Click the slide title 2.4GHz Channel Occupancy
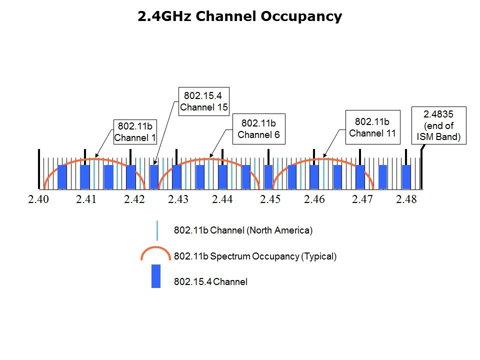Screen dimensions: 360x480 [x=240, y=16]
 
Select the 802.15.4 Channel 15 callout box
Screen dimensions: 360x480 [x=203, y=101]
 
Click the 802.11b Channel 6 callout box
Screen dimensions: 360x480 [x=259, y=129]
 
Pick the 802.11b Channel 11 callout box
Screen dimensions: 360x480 [x=372, y=127]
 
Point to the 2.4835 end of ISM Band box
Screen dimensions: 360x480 [x=438, y=125]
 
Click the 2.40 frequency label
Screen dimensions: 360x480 [x=38, y=200]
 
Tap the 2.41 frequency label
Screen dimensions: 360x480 [x=86, y=200]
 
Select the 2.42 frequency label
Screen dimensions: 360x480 [x=134, y=200]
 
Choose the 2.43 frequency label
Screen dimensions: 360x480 [x=178, y=200]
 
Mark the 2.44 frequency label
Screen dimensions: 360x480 [x=222, y=200]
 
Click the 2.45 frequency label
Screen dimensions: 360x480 [x=270, y=200]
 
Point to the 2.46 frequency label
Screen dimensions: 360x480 [x=314, y=200]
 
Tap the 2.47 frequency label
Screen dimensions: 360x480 [x=362, y=200]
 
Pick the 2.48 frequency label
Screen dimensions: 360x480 [x=406, y=200]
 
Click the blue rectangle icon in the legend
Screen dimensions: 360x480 [x=156, y=276]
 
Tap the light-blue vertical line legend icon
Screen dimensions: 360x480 [x=157, y=230]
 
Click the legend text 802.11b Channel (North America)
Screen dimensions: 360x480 [x=243, y=230]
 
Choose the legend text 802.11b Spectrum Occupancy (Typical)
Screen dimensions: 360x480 [x=255, y=256]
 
